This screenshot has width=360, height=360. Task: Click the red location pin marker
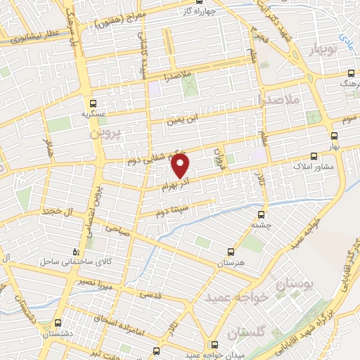(x=181, y=166)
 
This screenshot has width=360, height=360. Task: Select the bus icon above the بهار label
(x=333, y=137)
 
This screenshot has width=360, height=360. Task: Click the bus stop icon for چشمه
(x=262, y=214)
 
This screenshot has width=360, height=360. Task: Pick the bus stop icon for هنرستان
(x=231, y=251)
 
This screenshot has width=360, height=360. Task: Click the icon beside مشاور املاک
(x=314, y=158)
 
